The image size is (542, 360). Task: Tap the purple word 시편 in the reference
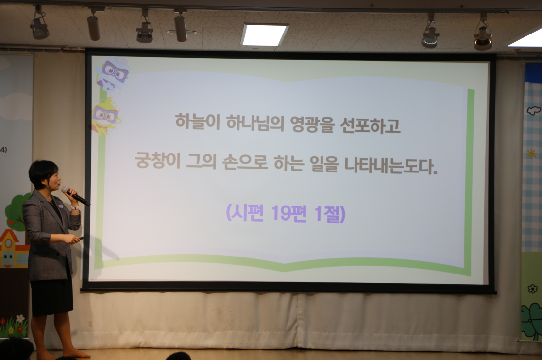pyautogui.click(x=247, y=213)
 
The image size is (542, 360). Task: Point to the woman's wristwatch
pyautogui.click(x=75, y=208)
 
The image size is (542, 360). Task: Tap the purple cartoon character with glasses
pyautogui.click(x=113, y=73)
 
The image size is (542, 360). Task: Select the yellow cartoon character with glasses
pyautogui.click(x=105, y=116)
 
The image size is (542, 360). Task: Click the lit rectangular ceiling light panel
pyautogui.click(x=264, y=34)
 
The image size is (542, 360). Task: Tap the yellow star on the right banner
pyautogui.click(x=531, y=154)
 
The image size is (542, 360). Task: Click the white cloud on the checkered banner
pyautogui.click(x=534, y=111)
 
